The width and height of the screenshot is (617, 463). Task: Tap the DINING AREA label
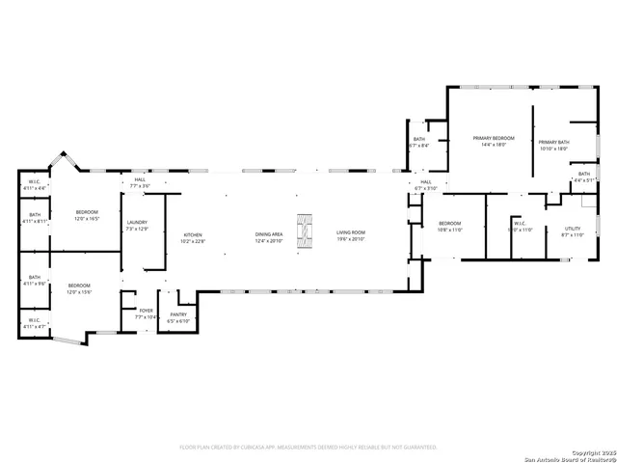coord(269,234)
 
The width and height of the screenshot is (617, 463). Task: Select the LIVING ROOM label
coord(353,233)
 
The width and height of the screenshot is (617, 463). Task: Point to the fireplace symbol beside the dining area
coord(305,231)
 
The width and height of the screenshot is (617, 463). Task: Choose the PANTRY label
coord(178,314)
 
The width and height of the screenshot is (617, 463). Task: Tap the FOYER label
coord(146,311)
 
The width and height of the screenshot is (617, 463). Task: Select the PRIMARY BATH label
coord(553,143)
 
